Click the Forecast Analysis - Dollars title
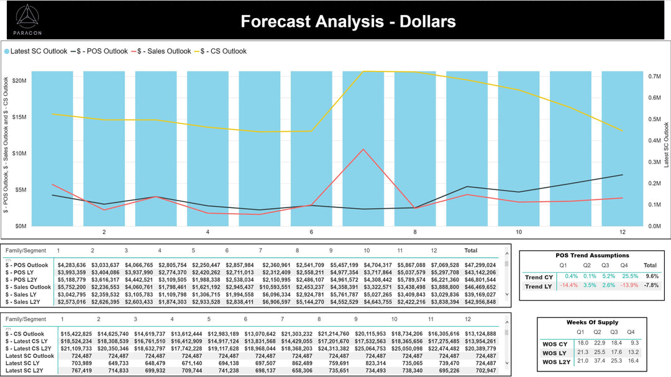click(348, 22)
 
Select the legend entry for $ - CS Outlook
click(226, 52)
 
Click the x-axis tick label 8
click(415, 232)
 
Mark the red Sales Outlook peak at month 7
click(363, 149)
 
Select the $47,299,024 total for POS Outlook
click(480, 265)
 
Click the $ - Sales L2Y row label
click(27, 302)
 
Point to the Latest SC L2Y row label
click(30, 370)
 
